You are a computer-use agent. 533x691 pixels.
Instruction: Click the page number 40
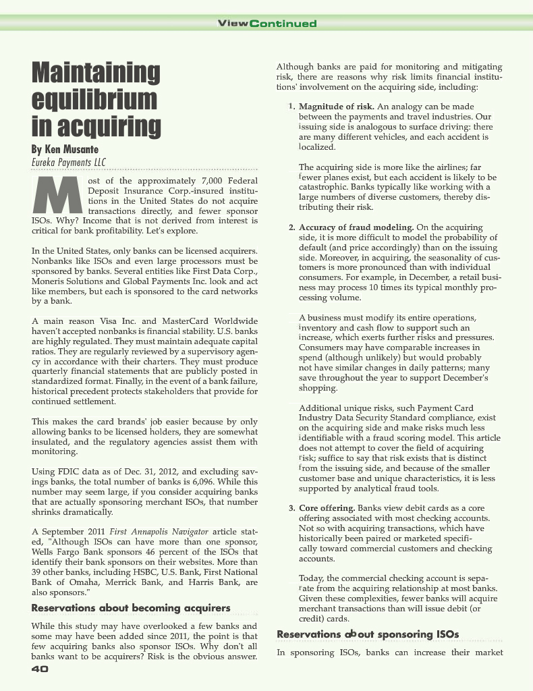coord(40,669)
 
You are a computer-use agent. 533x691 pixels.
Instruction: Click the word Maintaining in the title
coord(96,73)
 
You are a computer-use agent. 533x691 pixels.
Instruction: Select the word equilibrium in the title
coord(94,99)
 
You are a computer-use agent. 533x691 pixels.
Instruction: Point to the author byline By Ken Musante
coord(65,148)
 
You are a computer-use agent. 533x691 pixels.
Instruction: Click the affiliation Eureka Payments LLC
coord(68,162)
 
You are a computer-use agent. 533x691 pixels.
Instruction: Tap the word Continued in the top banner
coord(283,24)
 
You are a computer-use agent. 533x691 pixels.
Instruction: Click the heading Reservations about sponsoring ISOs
coord(368,634)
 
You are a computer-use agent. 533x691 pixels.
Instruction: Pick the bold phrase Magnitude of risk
coord(337,107)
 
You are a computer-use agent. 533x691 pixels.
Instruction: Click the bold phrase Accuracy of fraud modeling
coord(356,227)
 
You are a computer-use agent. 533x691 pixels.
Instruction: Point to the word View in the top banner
coord(231,24)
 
